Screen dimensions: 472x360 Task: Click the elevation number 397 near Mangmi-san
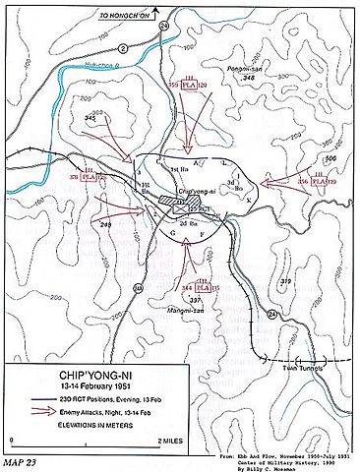196,299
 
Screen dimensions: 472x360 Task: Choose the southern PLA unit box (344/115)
203,286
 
